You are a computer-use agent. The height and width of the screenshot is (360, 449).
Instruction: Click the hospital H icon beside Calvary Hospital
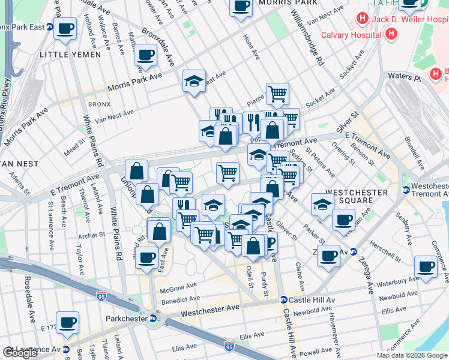391,34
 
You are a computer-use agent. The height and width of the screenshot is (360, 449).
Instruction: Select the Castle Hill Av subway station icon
283,299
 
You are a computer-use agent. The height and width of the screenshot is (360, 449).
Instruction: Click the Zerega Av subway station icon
354,252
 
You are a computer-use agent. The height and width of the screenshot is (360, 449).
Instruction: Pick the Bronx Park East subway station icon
50,27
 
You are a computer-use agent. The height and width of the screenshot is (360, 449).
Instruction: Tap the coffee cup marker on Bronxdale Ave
145,55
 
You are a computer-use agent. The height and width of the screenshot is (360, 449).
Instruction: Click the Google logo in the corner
20,353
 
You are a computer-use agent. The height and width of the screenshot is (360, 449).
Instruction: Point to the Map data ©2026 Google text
412,355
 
